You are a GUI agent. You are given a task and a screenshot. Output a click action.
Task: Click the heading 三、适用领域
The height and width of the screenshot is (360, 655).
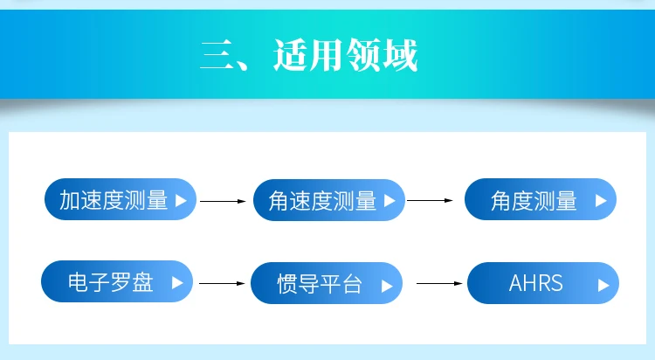click(308, 55)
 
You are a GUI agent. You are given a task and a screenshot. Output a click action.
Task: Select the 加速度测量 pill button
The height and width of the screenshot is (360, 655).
click(120, 200)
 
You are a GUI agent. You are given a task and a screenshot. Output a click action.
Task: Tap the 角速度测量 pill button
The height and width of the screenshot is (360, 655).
click(328, 200)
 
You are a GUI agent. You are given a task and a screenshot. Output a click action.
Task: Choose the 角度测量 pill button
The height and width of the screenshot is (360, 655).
click(541, 200)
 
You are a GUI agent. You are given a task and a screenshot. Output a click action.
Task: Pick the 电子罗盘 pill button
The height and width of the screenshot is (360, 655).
click(116, 282)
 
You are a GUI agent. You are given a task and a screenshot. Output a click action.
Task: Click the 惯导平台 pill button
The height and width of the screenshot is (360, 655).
click(327, 283)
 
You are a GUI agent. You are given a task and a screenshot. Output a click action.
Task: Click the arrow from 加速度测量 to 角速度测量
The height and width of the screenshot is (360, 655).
click(224, 201)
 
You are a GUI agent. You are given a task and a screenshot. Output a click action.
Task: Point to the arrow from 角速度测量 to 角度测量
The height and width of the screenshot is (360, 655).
click(431, 200)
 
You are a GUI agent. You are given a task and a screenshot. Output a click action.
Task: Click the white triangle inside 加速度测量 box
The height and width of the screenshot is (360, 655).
click(181, 200)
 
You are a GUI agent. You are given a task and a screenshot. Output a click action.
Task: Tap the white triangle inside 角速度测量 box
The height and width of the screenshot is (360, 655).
click(389, 200)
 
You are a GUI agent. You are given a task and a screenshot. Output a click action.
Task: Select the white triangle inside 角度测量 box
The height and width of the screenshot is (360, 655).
click(601, 200)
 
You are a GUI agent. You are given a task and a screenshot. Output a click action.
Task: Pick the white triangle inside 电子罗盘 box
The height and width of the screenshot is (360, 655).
click(177, 282)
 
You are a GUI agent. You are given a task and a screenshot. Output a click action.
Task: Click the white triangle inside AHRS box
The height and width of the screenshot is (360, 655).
click(603, 284)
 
